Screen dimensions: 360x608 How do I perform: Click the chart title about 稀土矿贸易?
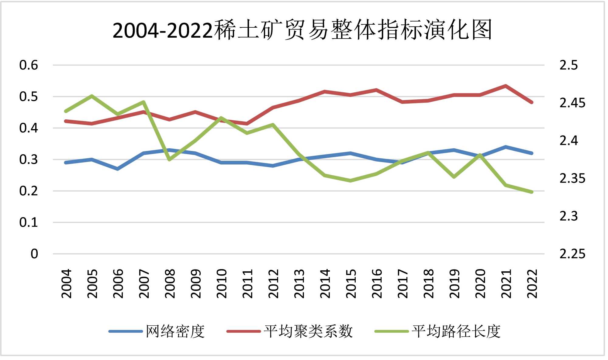click(302, 30)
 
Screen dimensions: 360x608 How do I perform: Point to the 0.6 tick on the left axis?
click(29, 65)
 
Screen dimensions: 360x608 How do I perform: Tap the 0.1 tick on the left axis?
click(29, 222)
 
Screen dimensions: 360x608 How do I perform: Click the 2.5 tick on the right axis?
click(568, 65)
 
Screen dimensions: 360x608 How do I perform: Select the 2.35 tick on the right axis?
click(572, 178)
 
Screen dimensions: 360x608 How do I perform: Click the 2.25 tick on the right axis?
click(572, 254)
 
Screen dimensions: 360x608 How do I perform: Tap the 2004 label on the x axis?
click(66, 283)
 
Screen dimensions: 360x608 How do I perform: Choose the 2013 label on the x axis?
click(299, 283)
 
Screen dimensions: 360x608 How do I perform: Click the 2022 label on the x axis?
click(532, 283)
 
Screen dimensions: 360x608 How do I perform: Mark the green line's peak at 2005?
click(92, 96)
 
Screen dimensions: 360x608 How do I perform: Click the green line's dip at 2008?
click(170, 159)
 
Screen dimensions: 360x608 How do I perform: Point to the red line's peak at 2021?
click(506, 86)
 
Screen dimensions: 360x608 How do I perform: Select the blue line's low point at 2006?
click(118, 169)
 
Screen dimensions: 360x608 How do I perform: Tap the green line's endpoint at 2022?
click(532, 192)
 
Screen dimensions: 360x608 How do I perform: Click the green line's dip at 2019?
click(454, 177)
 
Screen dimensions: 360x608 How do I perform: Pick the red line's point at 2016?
click(376, 90)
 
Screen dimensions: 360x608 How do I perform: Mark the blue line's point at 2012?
click(273, 166)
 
